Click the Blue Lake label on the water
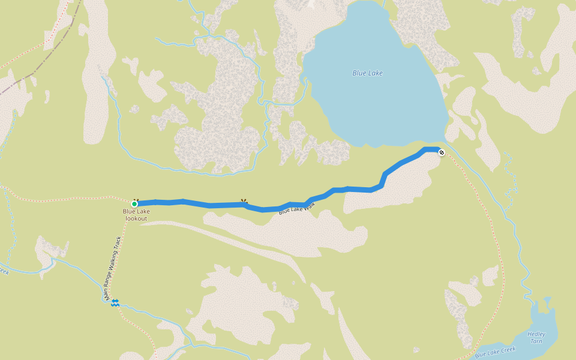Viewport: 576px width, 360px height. point(367,73)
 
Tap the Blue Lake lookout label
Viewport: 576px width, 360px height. point(136,215)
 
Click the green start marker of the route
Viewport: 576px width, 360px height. point(134,204)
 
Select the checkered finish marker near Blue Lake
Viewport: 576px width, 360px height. point(442,152)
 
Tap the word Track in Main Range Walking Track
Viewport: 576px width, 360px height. point(118,244)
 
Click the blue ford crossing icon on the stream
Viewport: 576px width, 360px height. point(115,303)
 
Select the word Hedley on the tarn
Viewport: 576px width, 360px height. point(536,334)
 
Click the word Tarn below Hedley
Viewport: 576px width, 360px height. point(536,341)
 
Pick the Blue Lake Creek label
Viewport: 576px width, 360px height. point(495,352)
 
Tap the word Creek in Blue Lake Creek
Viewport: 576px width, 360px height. point(507,349)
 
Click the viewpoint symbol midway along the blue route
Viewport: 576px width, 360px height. point(244,202)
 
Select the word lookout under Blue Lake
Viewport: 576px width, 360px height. point(136,218)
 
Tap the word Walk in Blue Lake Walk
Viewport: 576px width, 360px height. point(309,205)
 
